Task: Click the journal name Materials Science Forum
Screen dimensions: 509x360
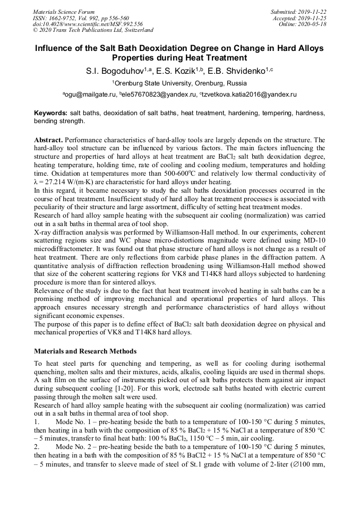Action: [64, 12]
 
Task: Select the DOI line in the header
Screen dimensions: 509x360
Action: [88, 24]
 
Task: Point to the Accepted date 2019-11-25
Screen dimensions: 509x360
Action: [313, 18]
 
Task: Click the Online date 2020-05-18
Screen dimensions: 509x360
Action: [314, 24]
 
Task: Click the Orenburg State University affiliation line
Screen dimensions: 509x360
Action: [179, 83]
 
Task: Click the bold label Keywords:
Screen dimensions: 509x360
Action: [50, 114]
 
